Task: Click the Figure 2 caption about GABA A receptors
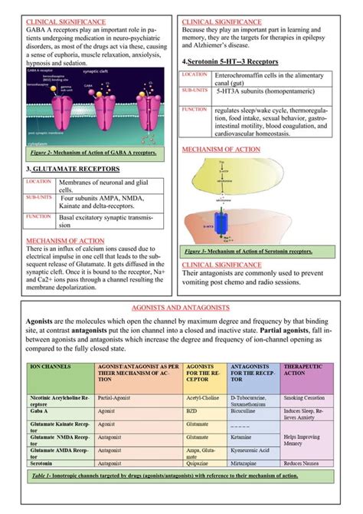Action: click(x=89, y=153)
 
